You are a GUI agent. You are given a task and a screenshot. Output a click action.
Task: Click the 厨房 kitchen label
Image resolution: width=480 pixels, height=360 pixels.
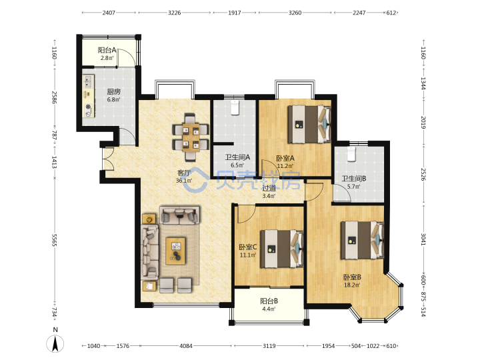pyautogui.click(x=113, y=91)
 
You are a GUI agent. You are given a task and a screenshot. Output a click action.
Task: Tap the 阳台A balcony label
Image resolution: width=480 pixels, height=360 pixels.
pyautogui.click(x=107, y=50)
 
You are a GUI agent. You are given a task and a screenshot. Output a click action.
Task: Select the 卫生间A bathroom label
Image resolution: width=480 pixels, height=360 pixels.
pyautogui.click(x=237, y=157)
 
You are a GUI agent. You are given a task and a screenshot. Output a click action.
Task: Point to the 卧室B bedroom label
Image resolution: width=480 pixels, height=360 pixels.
pyautogui.click(x=352, y=277)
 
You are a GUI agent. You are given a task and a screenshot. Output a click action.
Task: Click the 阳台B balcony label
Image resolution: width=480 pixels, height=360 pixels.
pyautogui.click(x=269, y=301)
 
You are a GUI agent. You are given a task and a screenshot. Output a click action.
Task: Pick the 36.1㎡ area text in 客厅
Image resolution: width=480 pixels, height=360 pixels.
pyautogui.click(x=184, y=181)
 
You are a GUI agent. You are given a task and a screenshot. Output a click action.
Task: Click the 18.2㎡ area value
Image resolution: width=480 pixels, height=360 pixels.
pyautogui.click(x=352, y=285)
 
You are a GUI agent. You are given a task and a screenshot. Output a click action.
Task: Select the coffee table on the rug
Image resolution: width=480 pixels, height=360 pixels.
pyautogui.click(x=175, y=251)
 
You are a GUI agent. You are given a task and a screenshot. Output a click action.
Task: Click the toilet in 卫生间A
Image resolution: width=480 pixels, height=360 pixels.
pyautogui.click(x=235, y=107)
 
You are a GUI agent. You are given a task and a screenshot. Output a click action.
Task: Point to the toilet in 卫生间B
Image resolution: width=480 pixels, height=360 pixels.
pyautogui.click(x=351, y=154)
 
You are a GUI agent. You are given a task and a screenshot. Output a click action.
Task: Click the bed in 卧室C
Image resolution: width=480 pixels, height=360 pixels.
pyautogui.click(x=281, y=249)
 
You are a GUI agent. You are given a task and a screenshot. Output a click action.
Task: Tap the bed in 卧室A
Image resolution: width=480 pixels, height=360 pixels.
pyautogui.click(x=309, y=124)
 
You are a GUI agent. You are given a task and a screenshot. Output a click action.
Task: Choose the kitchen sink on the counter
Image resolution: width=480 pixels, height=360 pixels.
pyautogui.click(x=88, y=81)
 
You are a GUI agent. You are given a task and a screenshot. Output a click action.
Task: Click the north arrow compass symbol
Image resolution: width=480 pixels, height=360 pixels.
pyautogui.click(x=55, y=343)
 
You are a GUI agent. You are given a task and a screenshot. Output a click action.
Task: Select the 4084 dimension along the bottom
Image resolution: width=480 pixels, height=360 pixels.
pyautogui.click(x=186, y=346)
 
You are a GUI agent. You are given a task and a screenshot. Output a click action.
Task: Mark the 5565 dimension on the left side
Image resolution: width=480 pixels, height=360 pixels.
pyautogui.click(x=54, y=240)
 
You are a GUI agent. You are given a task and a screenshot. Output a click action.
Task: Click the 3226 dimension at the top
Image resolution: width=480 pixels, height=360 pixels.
pyautogui.click(x=175, y=13)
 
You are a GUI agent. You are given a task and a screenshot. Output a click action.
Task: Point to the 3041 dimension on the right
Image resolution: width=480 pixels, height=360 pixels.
pyautogui.click(x=423, y=239)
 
